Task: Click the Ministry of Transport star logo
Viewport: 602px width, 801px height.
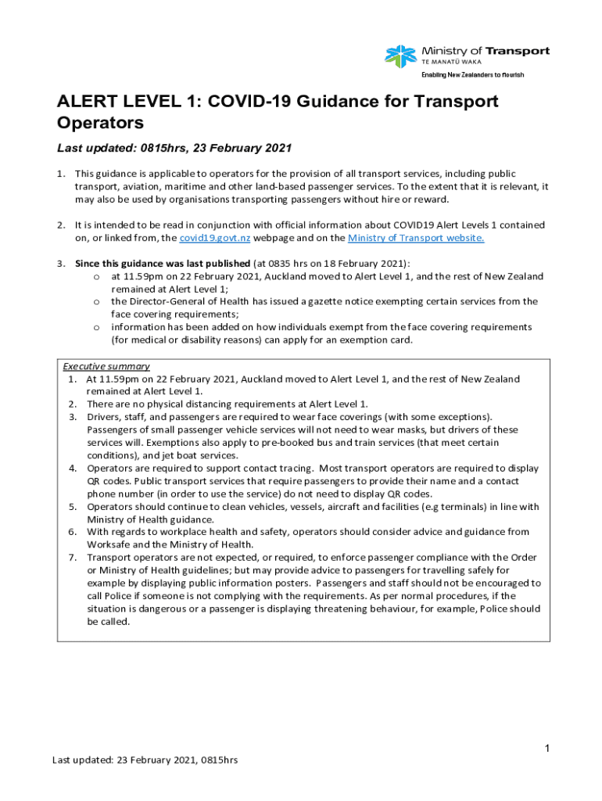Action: pos(400,55)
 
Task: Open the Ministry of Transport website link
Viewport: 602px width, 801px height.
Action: pos(416,238)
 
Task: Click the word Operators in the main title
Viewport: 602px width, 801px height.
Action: pos(101,123)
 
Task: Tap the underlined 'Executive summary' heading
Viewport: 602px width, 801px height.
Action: pos(106,366)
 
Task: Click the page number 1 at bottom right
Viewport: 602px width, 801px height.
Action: pos(548,749)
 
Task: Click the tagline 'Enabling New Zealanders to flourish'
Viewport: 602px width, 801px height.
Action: pos(472,74)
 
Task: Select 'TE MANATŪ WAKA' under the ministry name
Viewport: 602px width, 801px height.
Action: pos(452,61)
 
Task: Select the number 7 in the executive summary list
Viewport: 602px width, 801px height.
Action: pos(71,557)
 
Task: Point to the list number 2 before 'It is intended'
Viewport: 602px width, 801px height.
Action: pos(60,225)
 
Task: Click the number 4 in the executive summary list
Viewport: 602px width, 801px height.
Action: pos(71,468)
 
